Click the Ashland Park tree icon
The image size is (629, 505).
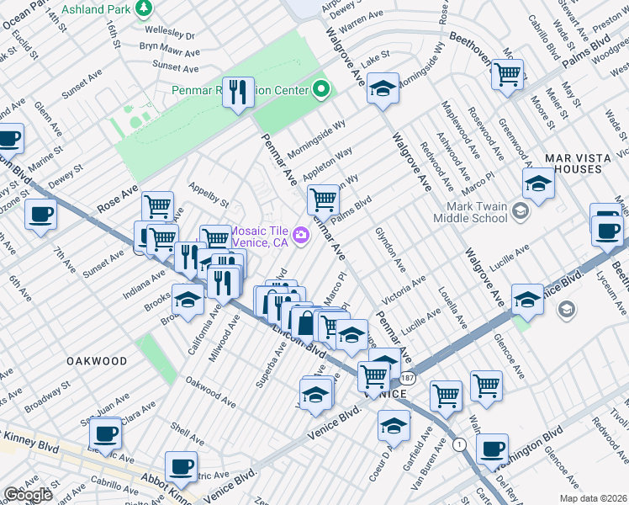click(144, 8)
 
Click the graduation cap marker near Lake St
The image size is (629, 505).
click(383, 88)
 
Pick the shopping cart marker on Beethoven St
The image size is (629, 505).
click(507, 74)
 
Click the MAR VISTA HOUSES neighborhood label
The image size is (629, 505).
click(584, 163)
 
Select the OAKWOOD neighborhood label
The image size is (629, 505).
click(98, 361)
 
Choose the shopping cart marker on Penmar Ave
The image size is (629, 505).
click(323, 199)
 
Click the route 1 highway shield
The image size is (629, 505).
click(458, 444)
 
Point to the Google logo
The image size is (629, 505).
click(28, 495)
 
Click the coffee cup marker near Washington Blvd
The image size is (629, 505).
click(492, 450)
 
